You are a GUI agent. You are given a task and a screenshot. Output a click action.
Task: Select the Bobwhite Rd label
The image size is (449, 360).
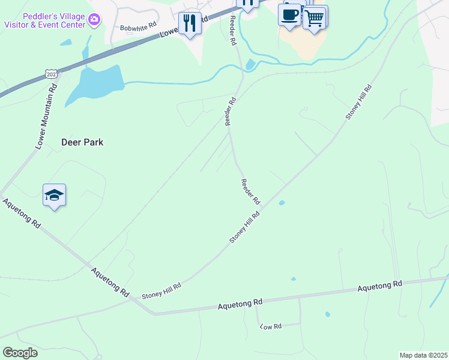click(x=138, y=28)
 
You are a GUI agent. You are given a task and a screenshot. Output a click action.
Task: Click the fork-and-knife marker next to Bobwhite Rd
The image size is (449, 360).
click(x=190, y=23)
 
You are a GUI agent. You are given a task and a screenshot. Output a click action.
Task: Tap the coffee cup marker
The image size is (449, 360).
click(x=289, y=14)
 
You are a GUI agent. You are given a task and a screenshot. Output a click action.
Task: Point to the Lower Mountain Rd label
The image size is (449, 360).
click(x=46, y=116)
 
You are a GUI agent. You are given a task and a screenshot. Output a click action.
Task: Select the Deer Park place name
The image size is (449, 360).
click(x=82, y=142)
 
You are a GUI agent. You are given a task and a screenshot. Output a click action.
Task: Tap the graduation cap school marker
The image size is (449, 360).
click(x=54, y=195)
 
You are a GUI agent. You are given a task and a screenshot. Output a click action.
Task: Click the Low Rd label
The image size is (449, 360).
click(x=271, y=326)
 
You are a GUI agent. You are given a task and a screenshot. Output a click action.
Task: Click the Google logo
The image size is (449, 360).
click(x=20, y=352)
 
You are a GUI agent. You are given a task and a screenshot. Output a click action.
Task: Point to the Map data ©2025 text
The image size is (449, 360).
click(x=423, y=355)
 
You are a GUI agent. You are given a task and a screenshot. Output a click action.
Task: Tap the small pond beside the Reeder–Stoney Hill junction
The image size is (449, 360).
click(x=282, y=203)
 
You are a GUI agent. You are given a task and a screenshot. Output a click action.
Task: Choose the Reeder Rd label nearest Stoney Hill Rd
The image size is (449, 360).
click(x=250, y=191)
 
